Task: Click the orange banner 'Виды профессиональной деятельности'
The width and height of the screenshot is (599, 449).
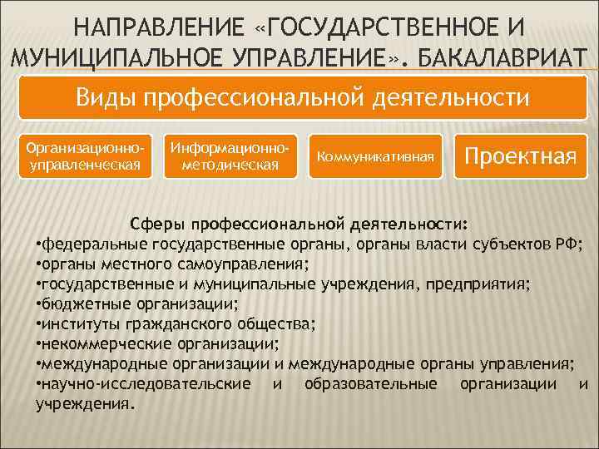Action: click(x=303, y=97)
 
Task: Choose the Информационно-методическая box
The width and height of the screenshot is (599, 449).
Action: click(x=230, y=155)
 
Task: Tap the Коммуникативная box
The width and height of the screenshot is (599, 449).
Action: click(x=374, y=155)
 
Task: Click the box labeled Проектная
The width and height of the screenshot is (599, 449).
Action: click(x=520, y=155)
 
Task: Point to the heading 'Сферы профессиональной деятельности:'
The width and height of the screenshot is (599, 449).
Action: click(x=299, y=224)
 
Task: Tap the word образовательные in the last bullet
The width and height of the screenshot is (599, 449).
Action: click(x=371, y=384)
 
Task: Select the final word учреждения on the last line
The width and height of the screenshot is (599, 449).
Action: click(x=83, y=404)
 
